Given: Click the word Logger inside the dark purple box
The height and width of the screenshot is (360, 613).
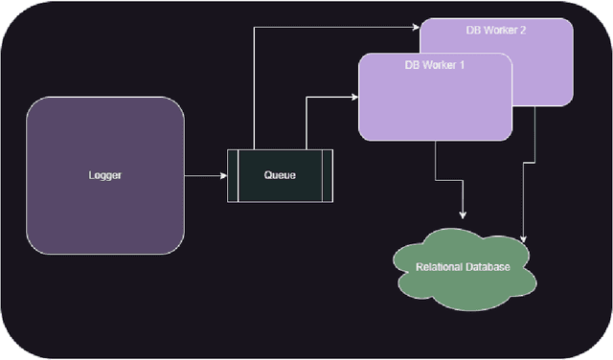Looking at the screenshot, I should (x=105, y=176).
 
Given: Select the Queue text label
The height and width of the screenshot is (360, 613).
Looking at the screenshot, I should (x=280, y=176).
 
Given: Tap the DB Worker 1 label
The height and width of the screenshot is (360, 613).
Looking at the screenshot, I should (x=433, y=65).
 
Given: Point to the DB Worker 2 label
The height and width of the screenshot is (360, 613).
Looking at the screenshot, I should (x=496, y=31).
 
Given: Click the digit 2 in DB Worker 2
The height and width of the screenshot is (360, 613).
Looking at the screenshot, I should (x=522, y=31).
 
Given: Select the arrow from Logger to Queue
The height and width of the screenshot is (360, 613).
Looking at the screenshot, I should (x=203, y=176).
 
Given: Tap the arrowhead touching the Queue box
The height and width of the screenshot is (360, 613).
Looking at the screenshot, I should (x=222, y=176).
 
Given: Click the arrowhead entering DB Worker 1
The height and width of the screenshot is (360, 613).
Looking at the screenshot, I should (x=353, y=97).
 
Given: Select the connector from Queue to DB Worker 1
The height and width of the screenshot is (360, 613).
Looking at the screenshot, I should (x=306, y=120).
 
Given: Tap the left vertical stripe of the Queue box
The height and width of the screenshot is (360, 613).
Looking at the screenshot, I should (x=232, y=176).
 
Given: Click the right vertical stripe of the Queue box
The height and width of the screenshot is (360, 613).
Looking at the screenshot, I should (x=328, y=176).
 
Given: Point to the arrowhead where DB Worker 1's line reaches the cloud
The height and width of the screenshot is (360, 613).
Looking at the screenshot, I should (x=464, y=213).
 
